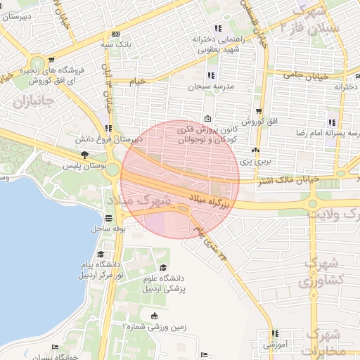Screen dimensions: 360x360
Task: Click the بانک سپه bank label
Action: point(116,44)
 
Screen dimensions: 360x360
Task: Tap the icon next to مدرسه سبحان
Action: point(211,76)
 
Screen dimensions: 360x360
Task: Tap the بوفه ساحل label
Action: point(107,229)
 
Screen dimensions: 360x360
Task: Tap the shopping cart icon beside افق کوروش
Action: point(259,111)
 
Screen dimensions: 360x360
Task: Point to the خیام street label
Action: point(138,82)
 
